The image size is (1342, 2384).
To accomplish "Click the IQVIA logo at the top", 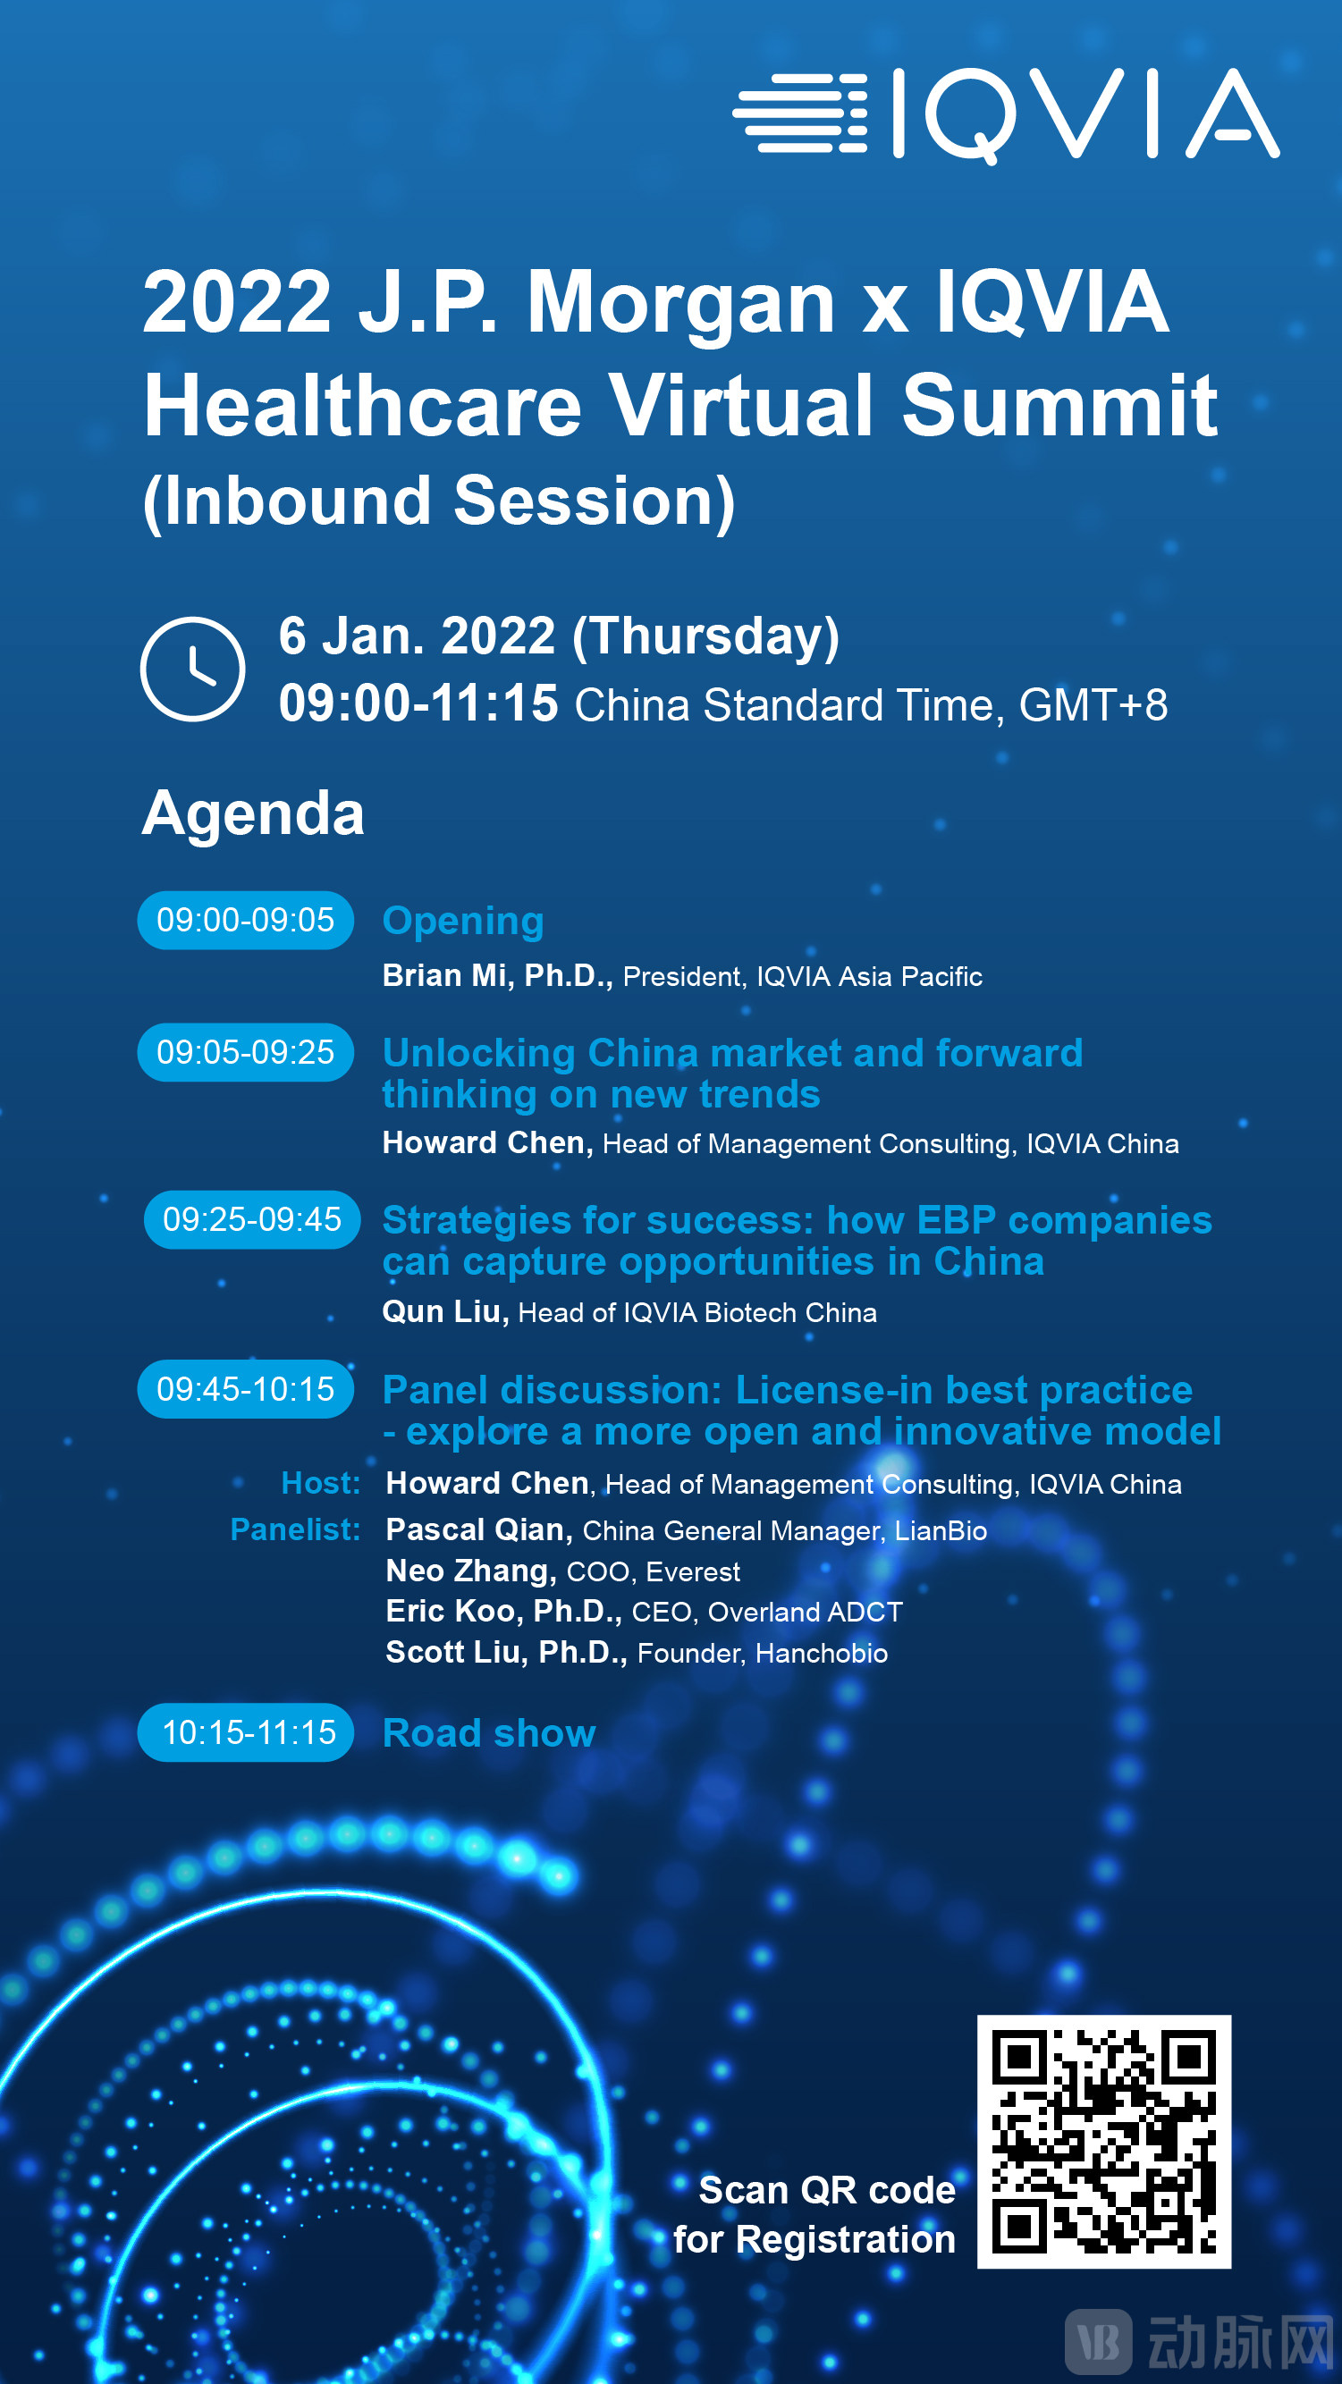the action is [x=1006, y=114].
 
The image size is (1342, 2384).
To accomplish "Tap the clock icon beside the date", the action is [x=192, y=669].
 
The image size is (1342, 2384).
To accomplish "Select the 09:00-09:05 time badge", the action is [x=245, y=920].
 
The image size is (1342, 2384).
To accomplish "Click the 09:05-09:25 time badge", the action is [x=245, y=1052].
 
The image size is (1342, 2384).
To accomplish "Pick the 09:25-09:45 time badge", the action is [x=252, y=1220].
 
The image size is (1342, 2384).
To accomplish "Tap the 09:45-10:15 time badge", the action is [x=245, y=1389].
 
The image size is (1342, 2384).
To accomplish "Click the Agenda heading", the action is [x=253, y=813].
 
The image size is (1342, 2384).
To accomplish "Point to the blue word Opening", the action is [x=463, y=922].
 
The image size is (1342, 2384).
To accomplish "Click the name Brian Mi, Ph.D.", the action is [x=498, y=976].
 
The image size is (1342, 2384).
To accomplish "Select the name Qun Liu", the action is [x=445, y=1312].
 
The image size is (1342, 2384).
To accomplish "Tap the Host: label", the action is [x=320, y=1484].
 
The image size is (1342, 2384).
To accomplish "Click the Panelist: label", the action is [x=295, y=1529].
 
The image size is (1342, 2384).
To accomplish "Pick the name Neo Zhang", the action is [x=471, y=1571].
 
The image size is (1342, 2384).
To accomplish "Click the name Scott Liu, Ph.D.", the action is [x=506, y=1653].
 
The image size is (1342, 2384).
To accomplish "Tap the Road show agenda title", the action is [x=489, y=1733].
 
